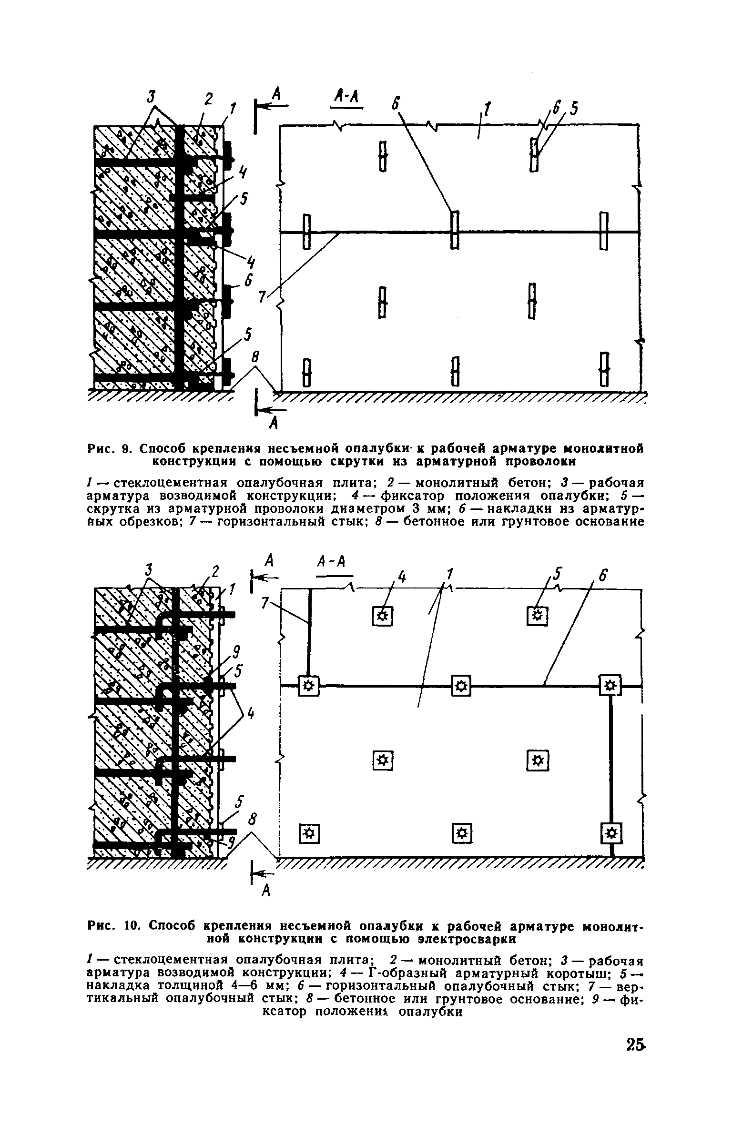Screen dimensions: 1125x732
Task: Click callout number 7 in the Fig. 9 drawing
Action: [262, 297]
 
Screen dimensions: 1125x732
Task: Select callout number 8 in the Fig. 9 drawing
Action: [256, 356]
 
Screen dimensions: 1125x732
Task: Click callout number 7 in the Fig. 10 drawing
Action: [265, 603]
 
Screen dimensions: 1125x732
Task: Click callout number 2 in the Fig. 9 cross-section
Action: [208, 100]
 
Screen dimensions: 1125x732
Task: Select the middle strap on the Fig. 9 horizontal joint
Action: [455, 230]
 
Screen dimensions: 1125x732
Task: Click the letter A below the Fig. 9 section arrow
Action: [274, 423]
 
